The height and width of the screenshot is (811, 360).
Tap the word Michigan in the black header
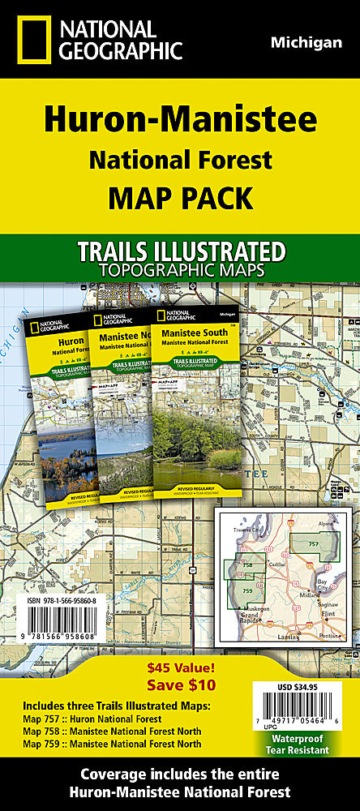(306, 43)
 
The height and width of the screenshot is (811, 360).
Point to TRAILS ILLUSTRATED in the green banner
(179, 251)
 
